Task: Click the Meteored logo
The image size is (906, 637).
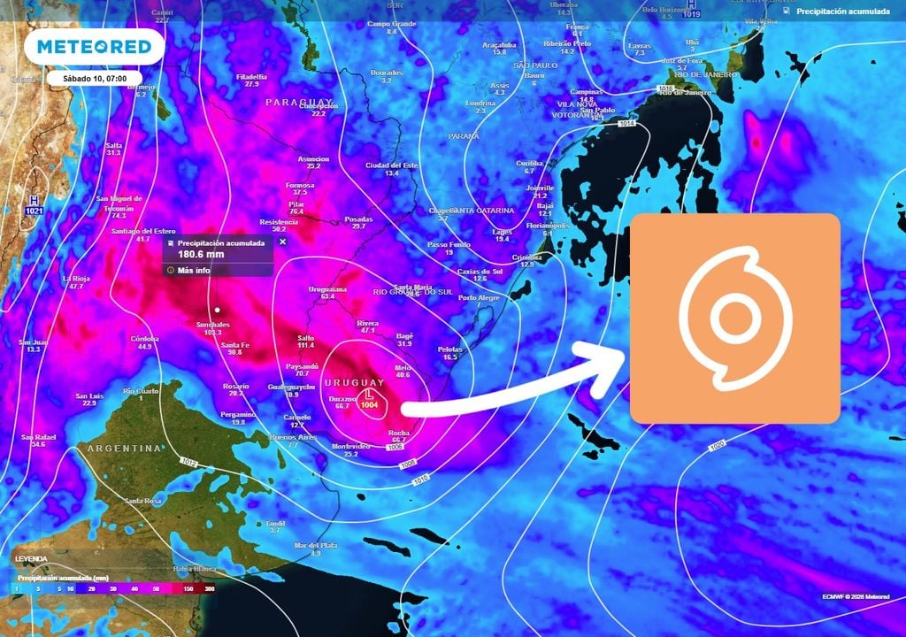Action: (x=94, y=46)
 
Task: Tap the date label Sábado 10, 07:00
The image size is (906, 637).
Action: (x=94, y=78)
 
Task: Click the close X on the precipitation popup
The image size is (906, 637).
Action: (x=283, y=241)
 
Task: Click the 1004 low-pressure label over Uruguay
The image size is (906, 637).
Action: (x=370, y=404)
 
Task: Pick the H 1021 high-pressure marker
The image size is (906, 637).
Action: (x=35, y=205)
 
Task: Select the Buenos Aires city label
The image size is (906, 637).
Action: (x=293, y=437)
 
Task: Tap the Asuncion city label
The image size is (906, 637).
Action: (x=313, y=159)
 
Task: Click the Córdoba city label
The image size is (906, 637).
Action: (x=144, y=338)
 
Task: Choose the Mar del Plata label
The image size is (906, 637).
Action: (x=316, y=545)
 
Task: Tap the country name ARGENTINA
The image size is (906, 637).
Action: (x=124, y=449)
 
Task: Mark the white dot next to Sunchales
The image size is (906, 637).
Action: (x=217, y=310)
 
